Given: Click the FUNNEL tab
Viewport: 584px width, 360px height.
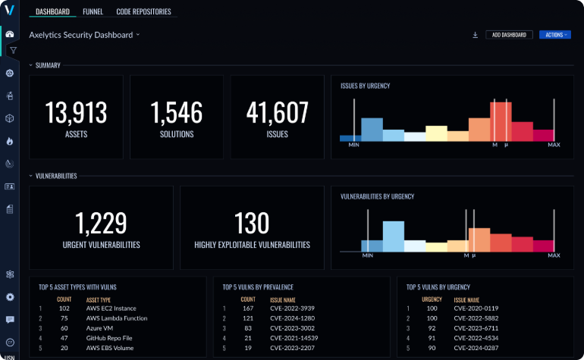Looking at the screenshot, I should [x=93, y=12].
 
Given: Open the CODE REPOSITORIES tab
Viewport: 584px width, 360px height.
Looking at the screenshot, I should [x=143, y=12].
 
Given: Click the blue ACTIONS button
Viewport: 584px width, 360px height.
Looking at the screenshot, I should [x=554, y=35].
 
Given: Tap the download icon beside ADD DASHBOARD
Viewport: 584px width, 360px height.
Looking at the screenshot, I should [x=475, y=35].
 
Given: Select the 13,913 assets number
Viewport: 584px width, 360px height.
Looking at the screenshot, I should [x=75, y=113].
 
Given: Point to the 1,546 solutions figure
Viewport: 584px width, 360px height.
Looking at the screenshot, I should [x=177, y=113].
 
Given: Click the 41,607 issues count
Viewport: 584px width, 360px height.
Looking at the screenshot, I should [x=277, y=113].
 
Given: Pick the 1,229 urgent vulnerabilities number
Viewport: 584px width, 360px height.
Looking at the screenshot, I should [x=101, y=224].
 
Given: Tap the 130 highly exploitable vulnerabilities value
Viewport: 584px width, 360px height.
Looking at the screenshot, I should [x=252, y=224].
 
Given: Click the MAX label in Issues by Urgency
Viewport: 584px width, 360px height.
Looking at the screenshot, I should [x=554, y=145].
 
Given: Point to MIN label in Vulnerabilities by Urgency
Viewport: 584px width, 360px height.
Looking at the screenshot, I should [x=368, y=255].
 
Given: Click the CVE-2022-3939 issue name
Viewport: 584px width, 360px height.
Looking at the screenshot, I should [x=293, y=308].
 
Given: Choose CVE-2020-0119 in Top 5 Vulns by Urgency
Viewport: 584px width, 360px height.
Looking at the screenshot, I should [x=475, y=308].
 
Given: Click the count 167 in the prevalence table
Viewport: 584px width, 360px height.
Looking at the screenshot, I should [x=247, y=308].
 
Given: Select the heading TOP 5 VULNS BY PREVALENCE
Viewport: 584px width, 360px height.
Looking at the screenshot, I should [x=258, y=288].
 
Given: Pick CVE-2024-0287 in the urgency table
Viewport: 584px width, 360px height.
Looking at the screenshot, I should [x=475, y=347].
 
